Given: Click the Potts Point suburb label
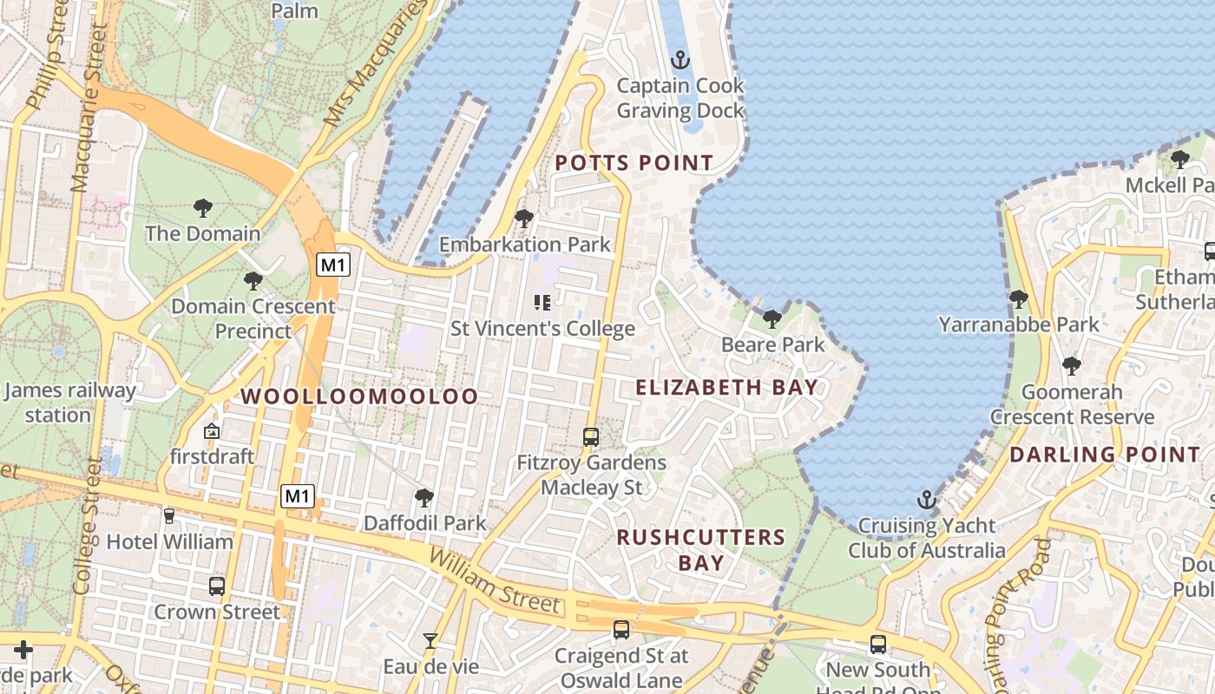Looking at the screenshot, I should point(634,163).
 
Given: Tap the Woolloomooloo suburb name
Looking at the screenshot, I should point(359,396).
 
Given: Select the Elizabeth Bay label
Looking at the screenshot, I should point(727,387).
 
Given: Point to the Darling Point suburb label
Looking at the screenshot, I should point(1104,454).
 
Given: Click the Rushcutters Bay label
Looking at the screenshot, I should point(700,549).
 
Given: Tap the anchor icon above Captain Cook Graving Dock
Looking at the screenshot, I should point(680,60).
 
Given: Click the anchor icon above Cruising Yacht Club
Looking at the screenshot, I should point(927,500).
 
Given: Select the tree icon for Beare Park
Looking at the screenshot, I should point(772,319).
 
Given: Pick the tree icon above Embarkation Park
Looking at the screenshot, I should point(523,219).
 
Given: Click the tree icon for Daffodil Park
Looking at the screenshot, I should point(424,498).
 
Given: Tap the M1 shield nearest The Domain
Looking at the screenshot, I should point(332,265).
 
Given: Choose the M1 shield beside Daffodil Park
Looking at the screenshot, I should point(298,496).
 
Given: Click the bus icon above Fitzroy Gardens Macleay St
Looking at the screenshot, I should point(591,437).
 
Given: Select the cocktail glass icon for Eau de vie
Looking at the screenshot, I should point(430,641).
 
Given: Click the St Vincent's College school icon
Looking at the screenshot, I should point(542,303).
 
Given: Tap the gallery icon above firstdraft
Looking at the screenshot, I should point(211,431).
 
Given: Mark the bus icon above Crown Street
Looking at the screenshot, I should point(217,586).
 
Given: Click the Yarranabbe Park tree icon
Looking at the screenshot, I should point(1018,299).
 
